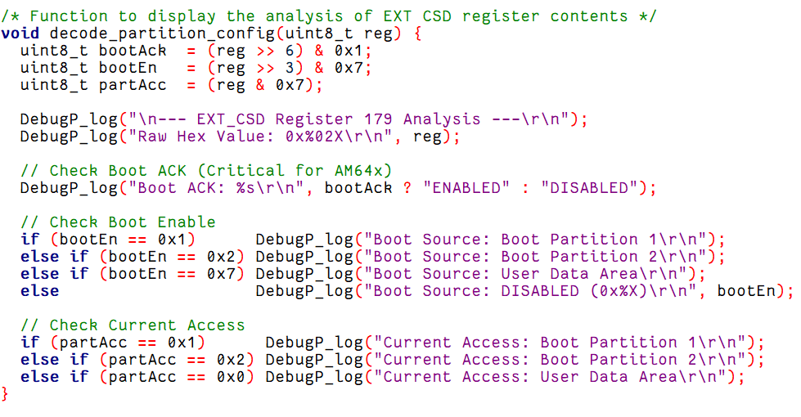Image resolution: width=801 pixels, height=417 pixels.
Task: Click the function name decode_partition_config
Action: pyautogui.click(x=163, y=34)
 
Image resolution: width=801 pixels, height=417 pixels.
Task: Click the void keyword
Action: pyautogui.click(x=20, y=34)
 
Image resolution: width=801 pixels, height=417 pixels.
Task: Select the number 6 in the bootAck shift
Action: pyautogui.click(x=290, y=51)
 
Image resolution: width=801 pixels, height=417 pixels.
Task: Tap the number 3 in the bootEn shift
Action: pyautogui.click(x=290, y=68)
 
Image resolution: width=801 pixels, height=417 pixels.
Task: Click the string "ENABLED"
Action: pyautogui.click(x=466, y=188)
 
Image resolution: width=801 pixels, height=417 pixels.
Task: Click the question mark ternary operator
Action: pyautogui.click(x=407, y=188)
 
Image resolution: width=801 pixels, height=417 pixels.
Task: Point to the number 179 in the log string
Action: pyautogui.click(x=378, y=119)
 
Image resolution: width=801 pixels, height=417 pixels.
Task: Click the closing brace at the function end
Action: pyautogui.click(x=5, y=394)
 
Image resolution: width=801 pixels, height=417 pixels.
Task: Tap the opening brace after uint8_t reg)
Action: pyautogui.click(x=417, y=34)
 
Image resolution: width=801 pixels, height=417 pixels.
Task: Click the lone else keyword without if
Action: pyautogui.click(x=40, y=291)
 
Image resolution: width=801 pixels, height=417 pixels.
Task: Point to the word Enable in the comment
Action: pyautogui.click(x=187, y=222)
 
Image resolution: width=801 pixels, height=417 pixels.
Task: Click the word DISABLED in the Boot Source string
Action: pyautogui.click(x=540, y=291)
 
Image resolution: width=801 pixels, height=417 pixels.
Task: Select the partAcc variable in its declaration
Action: pyautogui.click(x=133, y=85)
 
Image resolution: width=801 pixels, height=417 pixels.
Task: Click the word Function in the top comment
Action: pyautogui.click(x=69, y=16)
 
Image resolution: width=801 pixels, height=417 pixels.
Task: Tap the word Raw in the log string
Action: pyautogui.click(x=152, y=137)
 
